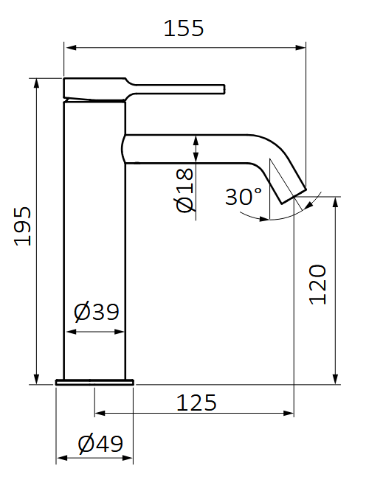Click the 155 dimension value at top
click(x=183, y=29)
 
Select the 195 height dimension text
click(x=23, y=226)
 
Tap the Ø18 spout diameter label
click(x=185, y=189)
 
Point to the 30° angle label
click(x=244, y=197)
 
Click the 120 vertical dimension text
click(x=318, y=284)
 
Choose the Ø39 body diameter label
click(x=97, y=312)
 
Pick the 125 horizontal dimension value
click(x=196, y=403)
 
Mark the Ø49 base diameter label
click(x=100, y=444)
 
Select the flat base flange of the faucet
click(x=95, y=382)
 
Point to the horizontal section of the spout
click(x=192, y=147)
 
